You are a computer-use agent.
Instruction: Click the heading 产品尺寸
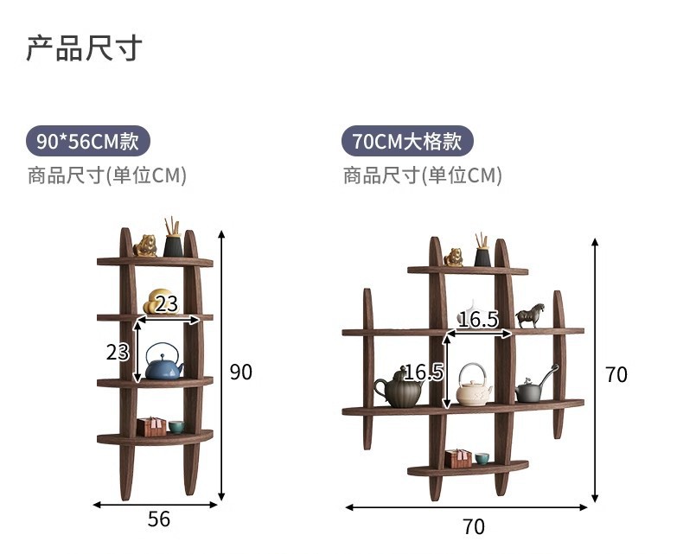pyautogui.click(x=84, y=48)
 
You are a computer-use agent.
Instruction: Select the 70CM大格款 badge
pyautogui.click(x=407, y=140)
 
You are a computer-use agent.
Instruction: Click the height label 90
pyautogui.click(x=241, y=373)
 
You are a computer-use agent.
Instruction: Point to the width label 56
pyautogui.click(x=159, y=519)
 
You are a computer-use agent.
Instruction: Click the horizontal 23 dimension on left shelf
pyautogui.click(x=168, y=304)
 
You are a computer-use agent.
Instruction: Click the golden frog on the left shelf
pyautogui.click(x=146, y=246)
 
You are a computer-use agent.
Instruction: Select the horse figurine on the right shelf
pyautogui.click(x=530, y=315)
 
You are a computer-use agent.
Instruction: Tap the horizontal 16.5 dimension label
pyautogui.click(x=478, y=320)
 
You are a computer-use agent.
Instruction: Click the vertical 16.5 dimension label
pyautogui.click(x=424, y=373)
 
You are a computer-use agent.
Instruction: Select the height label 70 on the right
pyautogui.click(x=616, y=374)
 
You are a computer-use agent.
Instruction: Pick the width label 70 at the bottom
pyautogui.click(x=474, y=525)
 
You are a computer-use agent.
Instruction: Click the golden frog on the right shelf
pyautogui.click(x=453, y=257)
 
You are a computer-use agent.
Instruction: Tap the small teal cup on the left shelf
pyautogui.click(x=176, y=427)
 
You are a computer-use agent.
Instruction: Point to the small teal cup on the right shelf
pyautogui.click(x=482, y=458)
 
